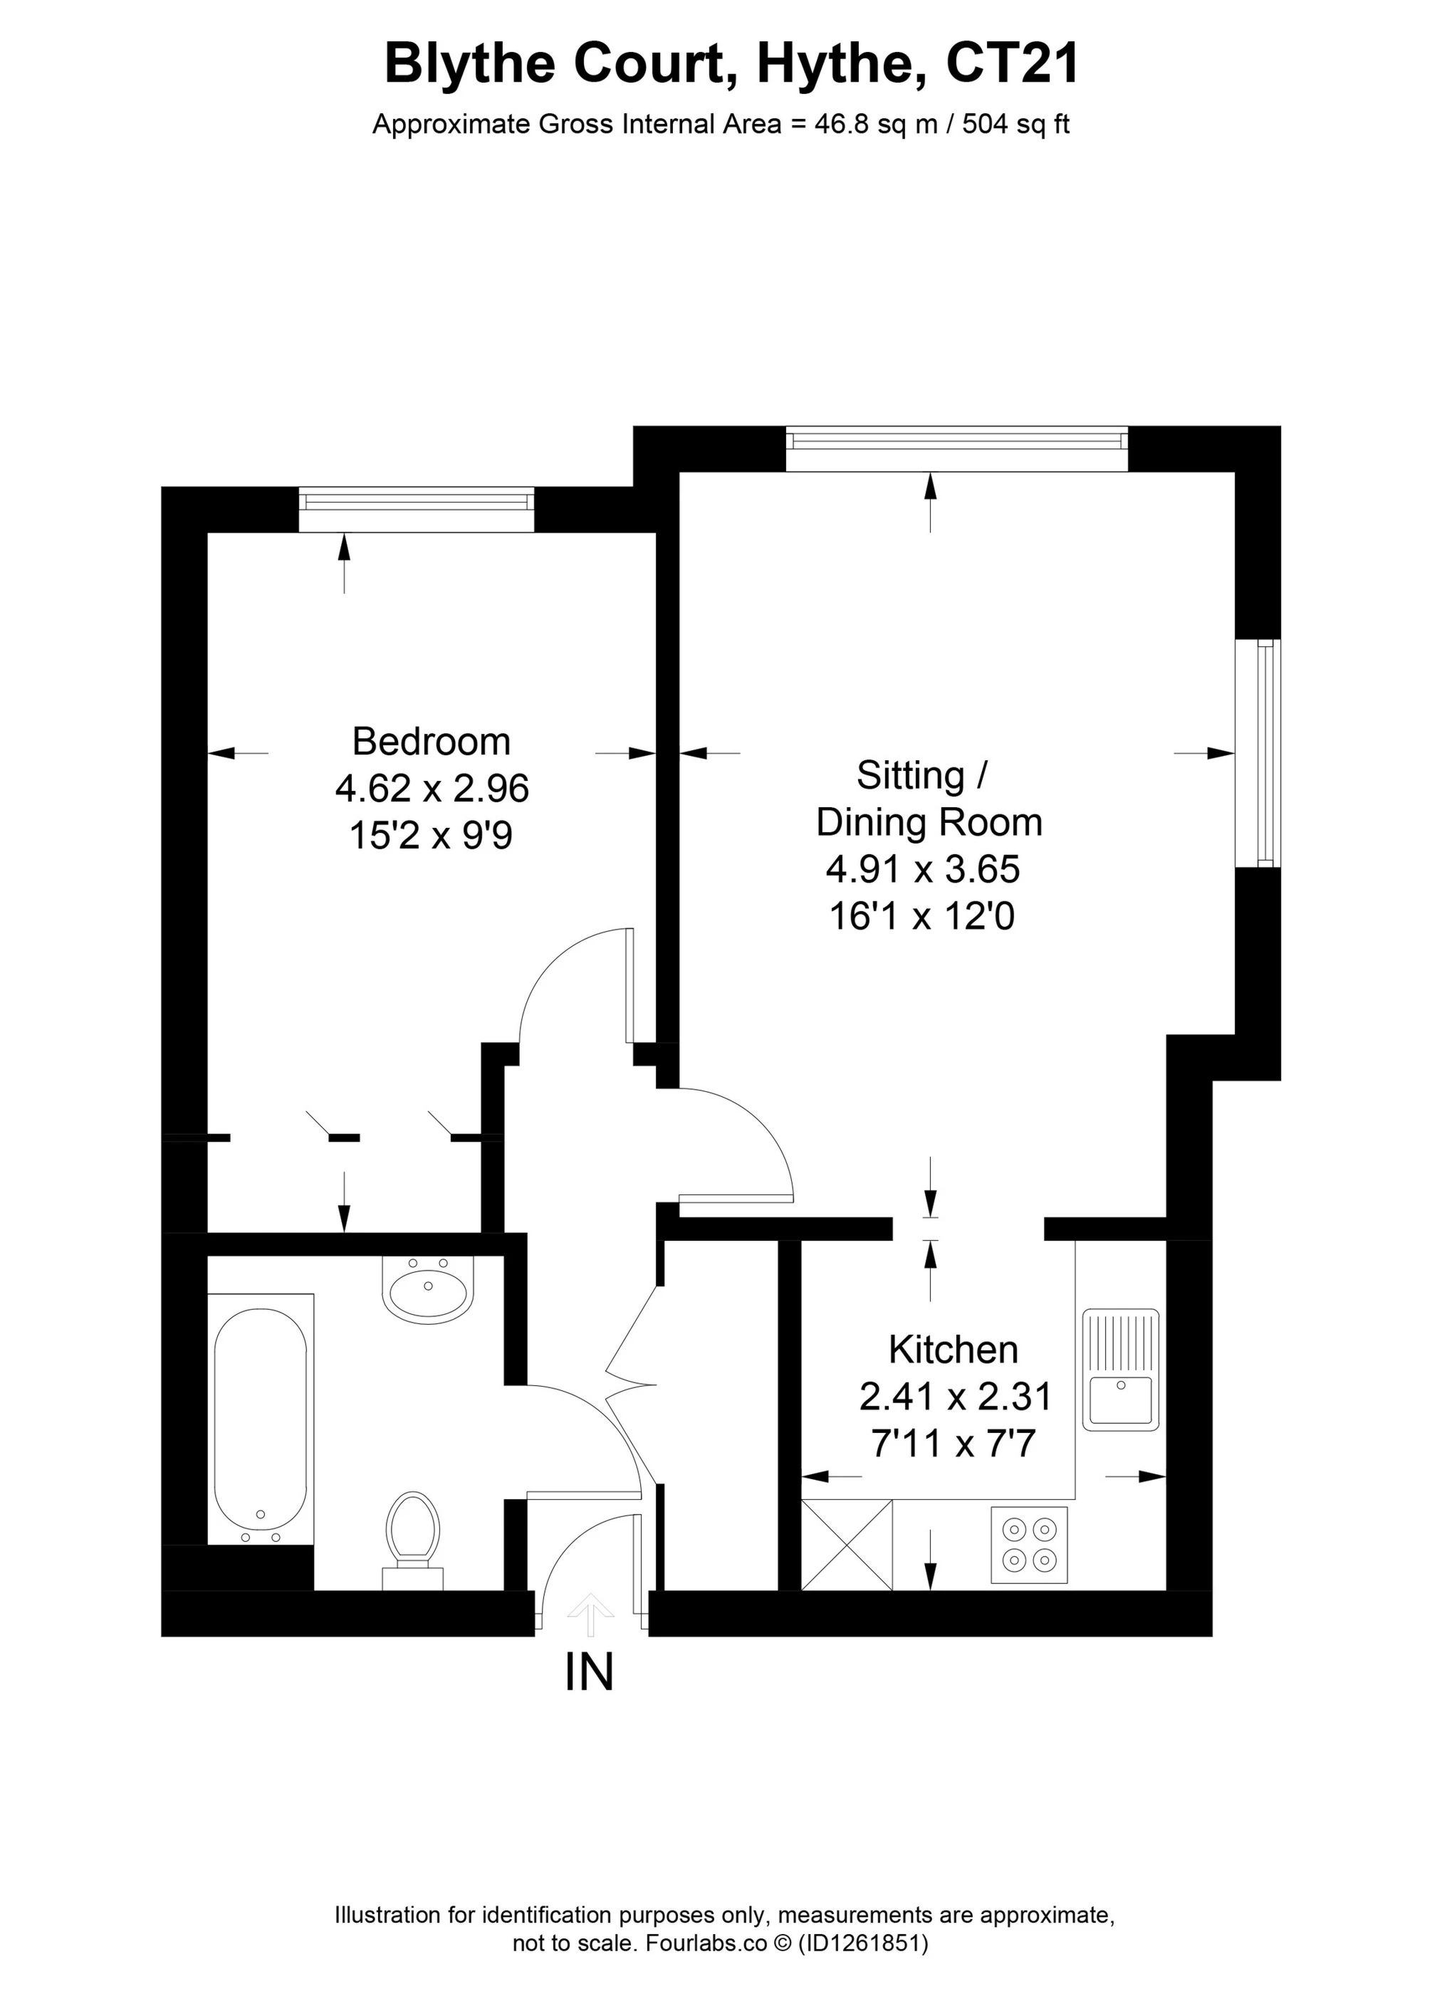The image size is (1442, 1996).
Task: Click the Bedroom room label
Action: pos(431,742)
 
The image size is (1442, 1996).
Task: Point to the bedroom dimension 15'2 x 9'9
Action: pos(431,835)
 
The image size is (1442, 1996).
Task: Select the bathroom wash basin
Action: pos(428,1288)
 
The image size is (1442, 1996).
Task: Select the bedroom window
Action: pos(416,510)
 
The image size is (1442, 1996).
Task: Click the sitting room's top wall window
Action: pos(956,449)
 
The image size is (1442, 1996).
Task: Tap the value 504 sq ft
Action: pos(1016,124)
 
